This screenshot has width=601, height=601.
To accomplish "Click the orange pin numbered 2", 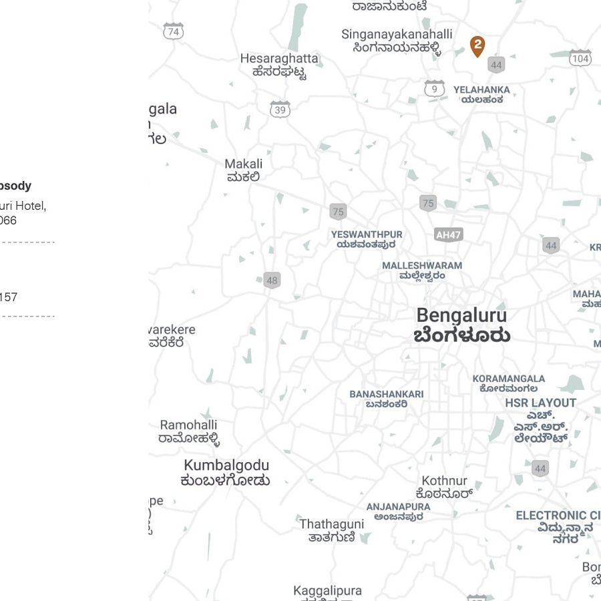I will [477, 46].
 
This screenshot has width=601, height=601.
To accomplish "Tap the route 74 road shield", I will [174, 31].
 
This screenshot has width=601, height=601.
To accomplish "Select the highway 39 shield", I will [280, 110].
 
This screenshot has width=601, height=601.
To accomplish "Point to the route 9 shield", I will [435, 88].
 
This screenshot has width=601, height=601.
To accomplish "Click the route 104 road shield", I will [580, 58].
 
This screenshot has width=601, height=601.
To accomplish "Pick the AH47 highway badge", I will [448, 234].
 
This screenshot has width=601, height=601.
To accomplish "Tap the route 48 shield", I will [272, 280].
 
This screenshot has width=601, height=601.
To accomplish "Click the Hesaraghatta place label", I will [279, 65].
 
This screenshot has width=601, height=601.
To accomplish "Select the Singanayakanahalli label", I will [397, 40].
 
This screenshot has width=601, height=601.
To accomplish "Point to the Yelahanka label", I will [481, 94].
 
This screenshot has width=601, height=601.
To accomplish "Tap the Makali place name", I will [243, 170].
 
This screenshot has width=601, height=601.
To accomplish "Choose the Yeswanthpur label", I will [367, 239].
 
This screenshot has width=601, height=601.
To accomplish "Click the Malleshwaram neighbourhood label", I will [422, 270].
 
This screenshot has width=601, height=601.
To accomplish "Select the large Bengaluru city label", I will [461, 325].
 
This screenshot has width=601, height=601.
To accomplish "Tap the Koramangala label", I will [509, 383].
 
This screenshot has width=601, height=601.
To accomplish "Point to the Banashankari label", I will [387, 399].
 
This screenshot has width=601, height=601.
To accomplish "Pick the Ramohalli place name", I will [189, 431].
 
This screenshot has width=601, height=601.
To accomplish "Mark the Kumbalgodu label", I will [226, 472].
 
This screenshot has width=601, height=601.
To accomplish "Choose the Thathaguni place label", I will [332, 530].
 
